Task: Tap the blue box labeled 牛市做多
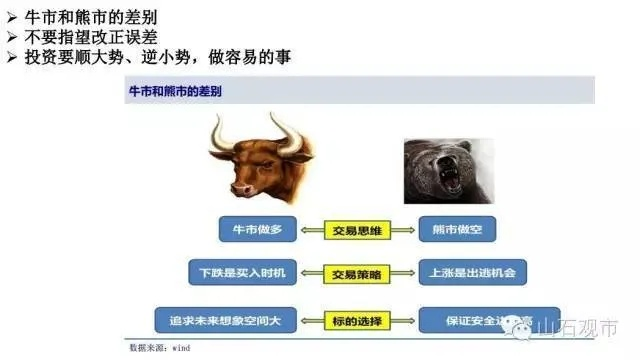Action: [257, 231]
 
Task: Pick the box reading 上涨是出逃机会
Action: [471, 272]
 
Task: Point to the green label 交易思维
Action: [357, 231]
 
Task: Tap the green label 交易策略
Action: [357, 272]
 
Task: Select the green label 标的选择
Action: [357, 321]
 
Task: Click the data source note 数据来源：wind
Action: [159, 349]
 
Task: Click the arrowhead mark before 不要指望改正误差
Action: [12, 37]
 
